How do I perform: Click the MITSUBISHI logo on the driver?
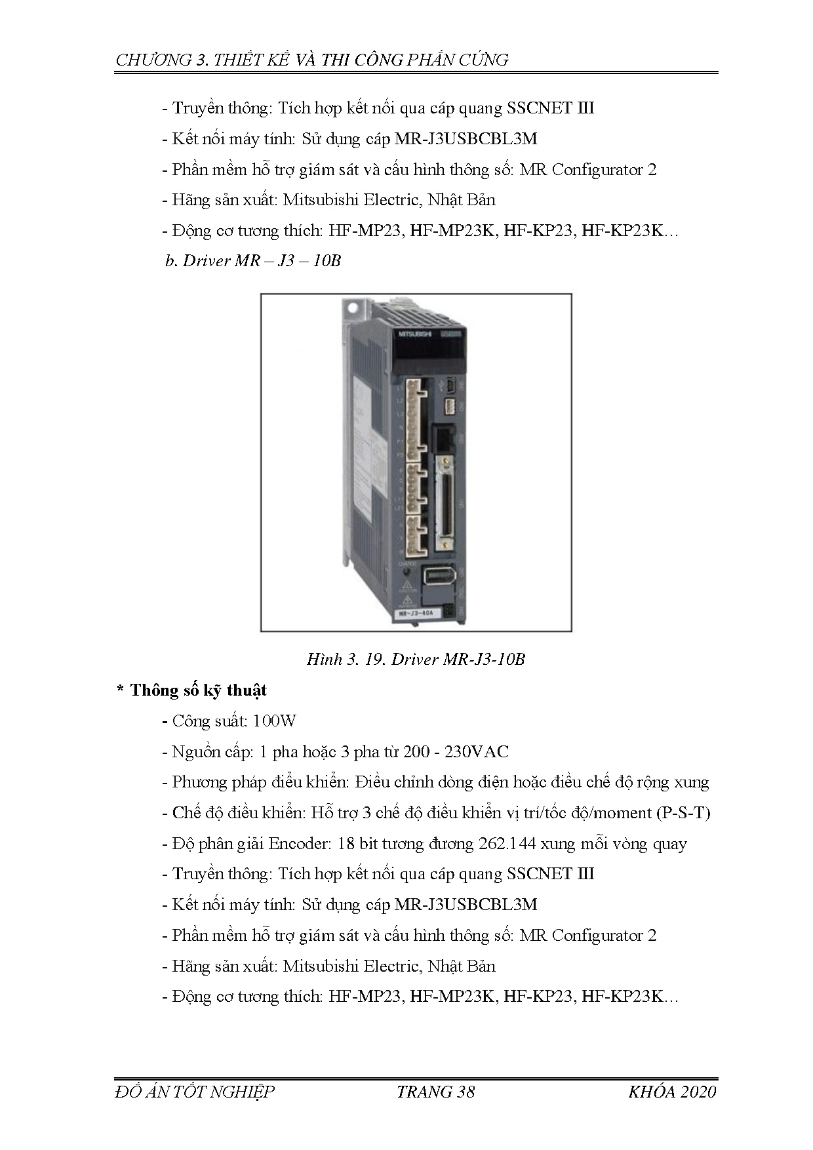(414, 334)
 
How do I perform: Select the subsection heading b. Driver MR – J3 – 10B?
(253, 261)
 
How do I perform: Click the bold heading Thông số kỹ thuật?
(198, 690)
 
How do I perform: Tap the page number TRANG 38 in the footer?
(435, 1092)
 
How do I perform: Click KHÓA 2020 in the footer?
(672, 1092)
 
